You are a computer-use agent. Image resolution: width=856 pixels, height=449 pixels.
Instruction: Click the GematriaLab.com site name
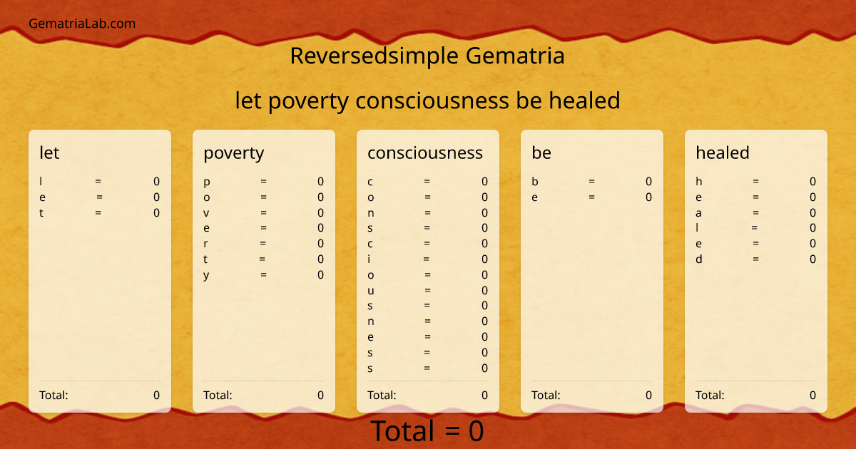coord(82,24)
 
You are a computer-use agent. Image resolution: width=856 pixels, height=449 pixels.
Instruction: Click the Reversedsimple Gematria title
coord(427,56)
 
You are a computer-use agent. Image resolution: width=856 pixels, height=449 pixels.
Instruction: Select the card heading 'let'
coord(49,153)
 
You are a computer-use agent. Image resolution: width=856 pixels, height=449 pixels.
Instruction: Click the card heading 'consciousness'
coord(424,153)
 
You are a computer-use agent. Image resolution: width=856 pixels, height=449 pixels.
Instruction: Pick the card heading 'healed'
coord(722,153)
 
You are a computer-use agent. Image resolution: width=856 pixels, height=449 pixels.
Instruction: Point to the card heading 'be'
coord(541,153)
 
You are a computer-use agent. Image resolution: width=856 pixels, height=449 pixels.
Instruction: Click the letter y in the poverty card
coord(206,275)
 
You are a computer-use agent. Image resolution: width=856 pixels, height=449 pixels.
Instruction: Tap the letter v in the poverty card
coord(206,213)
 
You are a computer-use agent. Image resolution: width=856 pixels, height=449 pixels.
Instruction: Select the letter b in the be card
coord(535,182)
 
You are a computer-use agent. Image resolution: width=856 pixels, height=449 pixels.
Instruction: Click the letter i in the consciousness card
coord(370,259)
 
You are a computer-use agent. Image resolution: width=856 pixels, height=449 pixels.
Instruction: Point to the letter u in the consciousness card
coord(371,291)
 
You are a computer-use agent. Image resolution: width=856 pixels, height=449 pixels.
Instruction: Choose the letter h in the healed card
coord(699,182)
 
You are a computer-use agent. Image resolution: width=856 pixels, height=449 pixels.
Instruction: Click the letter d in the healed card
coord(699,259)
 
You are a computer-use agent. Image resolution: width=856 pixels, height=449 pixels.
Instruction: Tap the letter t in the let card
coord(41,213)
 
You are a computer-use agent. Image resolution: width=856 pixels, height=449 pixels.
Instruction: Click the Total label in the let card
coord(53,395)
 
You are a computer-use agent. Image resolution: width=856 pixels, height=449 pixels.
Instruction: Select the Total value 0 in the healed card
coord(812,395)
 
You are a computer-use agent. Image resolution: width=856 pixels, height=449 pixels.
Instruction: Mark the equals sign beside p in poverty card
coord(263,182)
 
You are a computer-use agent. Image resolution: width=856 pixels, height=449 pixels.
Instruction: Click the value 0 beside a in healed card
coord(812,213)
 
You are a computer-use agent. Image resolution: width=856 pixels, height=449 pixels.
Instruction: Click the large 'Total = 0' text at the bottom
coord(427,431)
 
